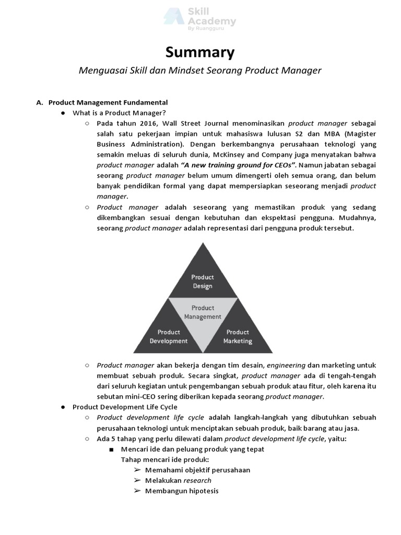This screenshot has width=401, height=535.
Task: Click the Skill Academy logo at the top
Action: point(200,21)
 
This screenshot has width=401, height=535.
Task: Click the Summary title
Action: point(200,52)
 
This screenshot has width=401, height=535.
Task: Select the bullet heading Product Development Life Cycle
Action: point(125,407)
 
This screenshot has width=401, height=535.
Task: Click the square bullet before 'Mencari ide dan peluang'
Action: point(111,449)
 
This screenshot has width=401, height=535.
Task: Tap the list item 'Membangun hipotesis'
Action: point(182,491)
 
